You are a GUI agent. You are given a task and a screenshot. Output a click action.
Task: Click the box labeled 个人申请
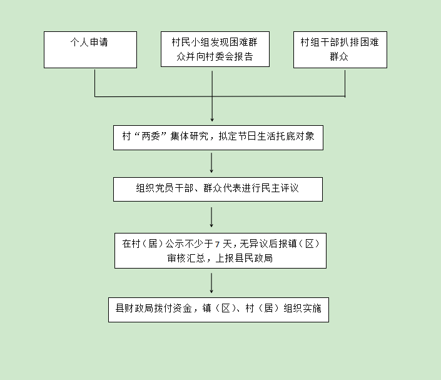[x=90, y=49]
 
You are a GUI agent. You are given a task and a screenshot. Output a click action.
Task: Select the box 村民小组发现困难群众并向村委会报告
[x=215, y=49]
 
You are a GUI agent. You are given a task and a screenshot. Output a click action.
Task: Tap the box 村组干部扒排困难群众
[x=340, y=49]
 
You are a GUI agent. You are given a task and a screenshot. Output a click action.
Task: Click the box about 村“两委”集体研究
[x=218, y=137]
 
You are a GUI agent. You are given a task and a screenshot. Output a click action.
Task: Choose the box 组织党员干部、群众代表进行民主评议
[x=218, y=188]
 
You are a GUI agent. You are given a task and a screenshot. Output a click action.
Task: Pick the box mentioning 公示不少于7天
[x=220, y=250]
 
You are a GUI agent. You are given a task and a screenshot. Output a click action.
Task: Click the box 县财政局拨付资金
[x=218, y=309]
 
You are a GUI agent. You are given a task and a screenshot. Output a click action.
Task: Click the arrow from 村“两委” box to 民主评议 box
[x=212, y=163]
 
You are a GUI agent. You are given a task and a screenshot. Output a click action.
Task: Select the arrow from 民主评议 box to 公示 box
[x=212, y=217]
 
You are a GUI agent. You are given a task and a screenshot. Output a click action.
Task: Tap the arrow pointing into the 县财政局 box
[x=212, y=282]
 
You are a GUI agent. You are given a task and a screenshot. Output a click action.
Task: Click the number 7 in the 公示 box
[x=216, y=244]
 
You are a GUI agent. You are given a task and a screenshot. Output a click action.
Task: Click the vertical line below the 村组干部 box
[x=345, y=82]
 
